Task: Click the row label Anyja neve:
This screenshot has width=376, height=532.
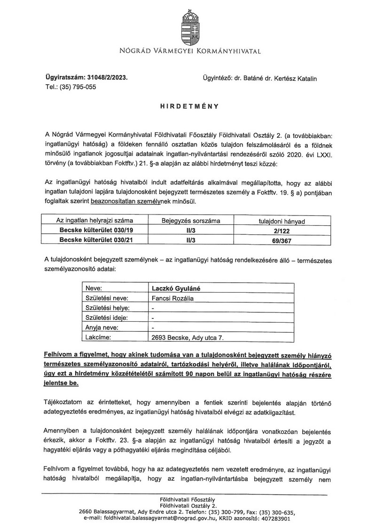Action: (x=102, y=327)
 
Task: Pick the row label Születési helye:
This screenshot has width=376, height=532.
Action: (x=107, y=308)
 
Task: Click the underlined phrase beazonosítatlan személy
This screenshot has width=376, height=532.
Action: (x=144, y=202)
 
